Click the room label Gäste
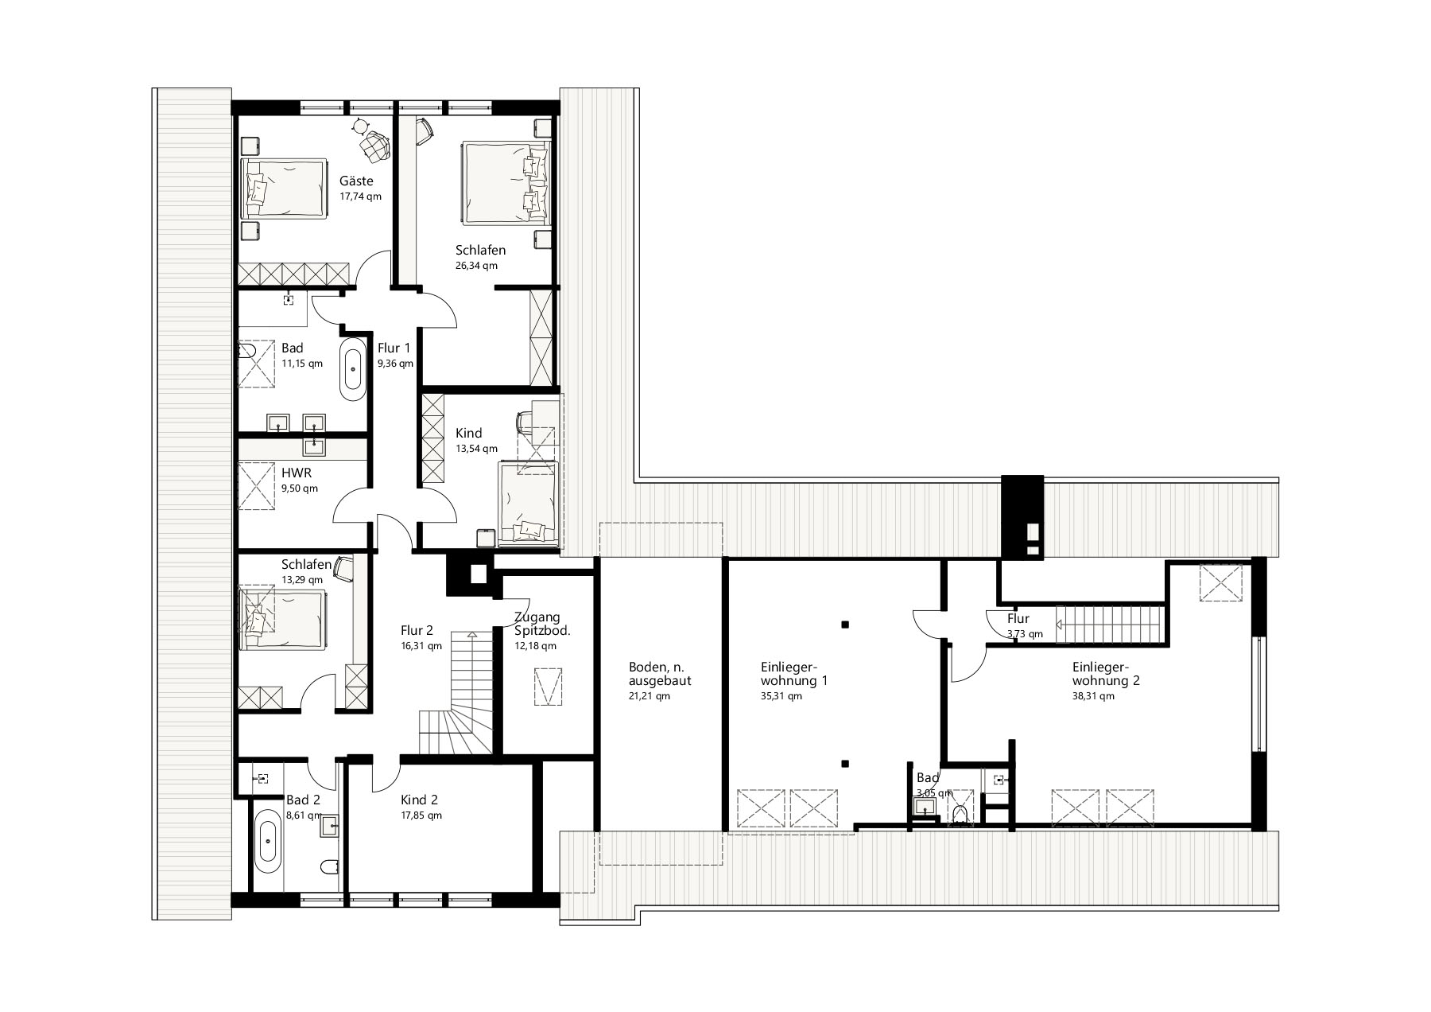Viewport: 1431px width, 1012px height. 356,181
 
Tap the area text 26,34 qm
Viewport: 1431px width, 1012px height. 476,266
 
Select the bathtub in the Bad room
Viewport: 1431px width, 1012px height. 353,370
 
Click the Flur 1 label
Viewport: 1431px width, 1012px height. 394,348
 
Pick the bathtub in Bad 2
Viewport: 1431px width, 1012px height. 268,843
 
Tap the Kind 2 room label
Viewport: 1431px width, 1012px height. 419,800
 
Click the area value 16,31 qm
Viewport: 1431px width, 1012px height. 421,647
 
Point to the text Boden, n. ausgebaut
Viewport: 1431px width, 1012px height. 659,674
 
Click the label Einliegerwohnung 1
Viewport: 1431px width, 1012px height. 783,674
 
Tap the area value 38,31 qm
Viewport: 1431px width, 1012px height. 1093,696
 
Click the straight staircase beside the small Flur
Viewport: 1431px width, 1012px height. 1108,623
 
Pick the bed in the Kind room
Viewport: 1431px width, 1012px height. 529,504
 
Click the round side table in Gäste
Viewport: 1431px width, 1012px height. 362,126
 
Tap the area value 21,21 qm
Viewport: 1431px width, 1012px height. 649,696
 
